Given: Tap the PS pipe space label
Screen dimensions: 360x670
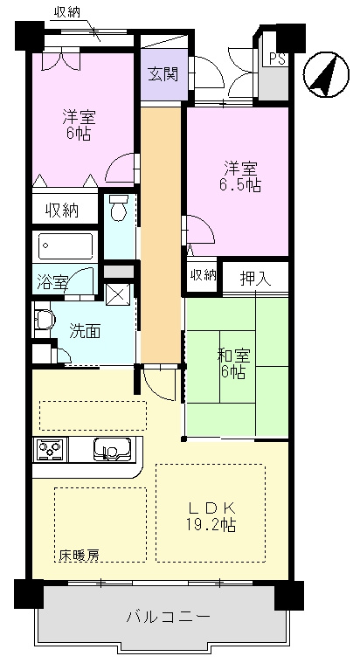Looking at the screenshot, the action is [x=277, y=59].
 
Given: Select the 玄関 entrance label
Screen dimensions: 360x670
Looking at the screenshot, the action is [x=163, y=74].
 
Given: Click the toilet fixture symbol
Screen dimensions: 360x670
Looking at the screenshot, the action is [x=118, y=206].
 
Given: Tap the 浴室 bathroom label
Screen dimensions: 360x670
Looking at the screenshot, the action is [x=52, y=283].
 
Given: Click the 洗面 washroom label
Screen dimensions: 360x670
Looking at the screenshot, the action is [x=85, y=331].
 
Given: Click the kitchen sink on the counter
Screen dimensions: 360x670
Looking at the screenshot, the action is [x=112, y=450].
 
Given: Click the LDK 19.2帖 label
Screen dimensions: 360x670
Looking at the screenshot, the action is [x=211, y=516].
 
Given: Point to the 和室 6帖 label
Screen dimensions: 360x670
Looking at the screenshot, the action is [x=233, y=363].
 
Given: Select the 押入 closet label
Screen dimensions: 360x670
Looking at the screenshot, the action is [x=255, y=279].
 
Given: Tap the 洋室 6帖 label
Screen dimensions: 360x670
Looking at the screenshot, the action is [x=80, y=126].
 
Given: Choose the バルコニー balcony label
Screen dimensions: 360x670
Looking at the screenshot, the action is [x=168, y=617].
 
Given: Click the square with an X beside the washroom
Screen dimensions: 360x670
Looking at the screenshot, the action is [x=116, y=294].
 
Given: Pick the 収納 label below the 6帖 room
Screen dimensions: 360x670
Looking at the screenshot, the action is [x=62, y=211].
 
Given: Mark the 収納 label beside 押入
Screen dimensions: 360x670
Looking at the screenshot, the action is [x=204, y=276].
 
